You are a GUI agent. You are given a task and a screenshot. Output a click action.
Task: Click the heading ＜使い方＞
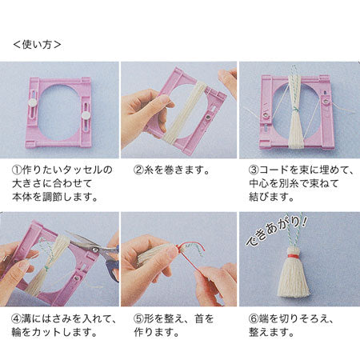[x=37, y=45]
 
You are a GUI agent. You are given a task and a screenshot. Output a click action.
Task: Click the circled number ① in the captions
[x=18, y=170]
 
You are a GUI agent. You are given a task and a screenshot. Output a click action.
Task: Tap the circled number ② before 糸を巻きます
[x=138, y=170]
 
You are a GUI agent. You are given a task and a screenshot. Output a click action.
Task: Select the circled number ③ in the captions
[x=254, y=170]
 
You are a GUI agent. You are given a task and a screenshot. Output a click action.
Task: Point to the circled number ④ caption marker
[x=17, y=318]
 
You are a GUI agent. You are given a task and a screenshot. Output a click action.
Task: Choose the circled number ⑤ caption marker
[x=138, y=318]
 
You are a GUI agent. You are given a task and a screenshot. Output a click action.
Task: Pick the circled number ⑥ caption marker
[x=254, y=318]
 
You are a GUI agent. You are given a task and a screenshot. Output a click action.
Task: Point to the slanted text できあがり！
[x=277, y=230]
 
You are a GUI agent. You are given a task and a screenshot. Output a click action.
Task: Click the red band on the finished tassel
[x=293, y=257]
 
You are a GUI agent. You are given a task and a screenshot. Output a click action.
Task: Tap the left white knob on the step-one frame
[x=33, y=101]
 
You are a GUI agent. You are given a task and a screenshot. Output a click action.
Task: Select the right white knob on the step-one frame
[x=86, y=115]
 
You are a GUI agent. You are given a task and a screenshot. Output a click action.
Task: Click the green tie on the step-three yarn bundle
[x=295, y=110]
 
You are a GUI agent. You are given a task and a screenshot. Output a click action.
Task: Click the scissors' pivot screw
[x=94, y=250]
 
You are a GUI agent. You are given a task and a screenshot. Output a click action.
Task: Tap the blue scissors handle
[x=113, y=266]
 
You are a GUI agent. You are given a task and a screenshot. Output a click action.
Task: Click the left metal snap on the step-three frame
[x=266, y=115]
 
